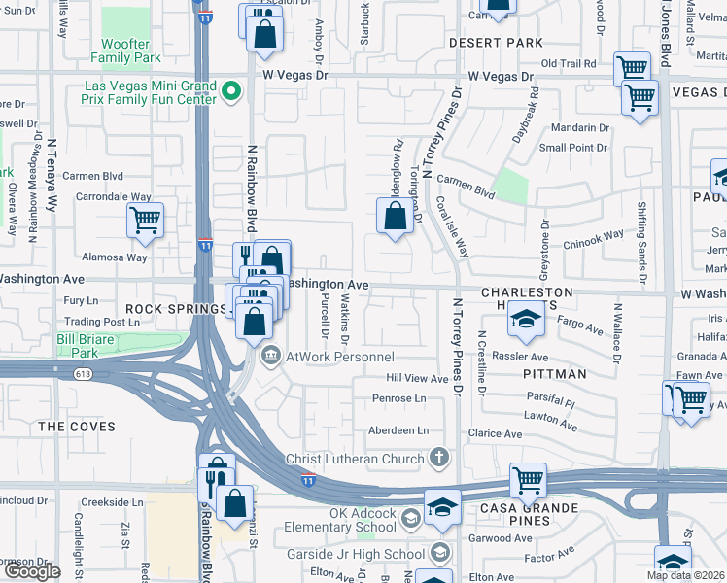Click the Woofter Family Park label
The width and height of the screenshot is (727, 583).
(126, 51)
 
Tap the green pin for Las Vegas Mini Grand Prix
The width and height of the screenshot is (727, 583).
(231, 93)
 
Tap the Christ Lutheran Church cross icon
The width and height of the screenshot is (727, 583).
(439, 458)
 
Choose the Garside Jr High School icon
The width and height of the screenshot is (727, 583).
(439, 554)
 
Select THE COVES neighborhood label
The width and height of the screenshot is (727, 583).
(77, 427)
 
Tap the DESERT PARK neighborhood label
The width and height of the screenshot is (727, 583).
(496, 43)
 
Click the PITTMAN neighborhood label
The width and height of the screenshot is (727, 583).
(553, 373)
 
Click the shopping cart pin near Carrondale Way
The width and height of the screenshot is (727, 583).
(145, 221)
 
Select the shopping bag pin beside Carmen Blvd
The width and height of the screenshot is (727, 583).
(395, 218)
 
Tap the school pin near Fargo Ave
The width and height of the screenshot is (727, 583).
(525, 322)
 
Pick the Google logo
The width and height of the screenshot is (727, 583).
(33, 571)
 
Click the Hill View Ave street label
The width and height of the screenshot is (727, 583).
(417, 378)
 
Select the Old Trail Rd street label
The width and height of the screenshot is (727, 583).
(568, 64)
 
